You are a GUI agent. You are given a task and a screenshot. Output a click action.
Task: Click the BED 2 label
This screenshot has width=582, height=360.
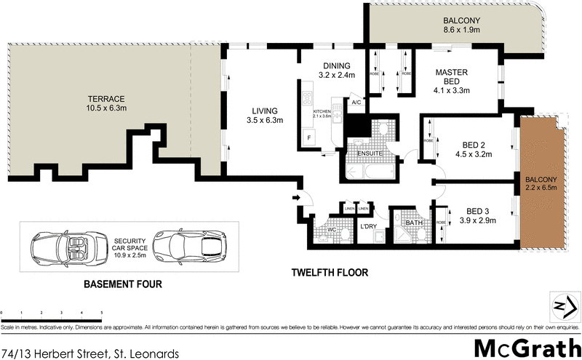pos(474,143)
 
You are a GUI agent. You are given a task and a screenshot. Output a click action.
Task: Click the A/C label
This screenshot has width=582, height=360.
pos(356,103)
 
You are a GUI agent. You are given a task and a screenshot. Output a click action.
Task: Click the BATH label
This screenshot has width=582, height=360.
pos(413,223)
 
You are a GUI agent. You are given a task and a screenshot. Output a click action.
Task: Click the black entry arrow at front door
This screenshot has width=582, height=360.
pos(295,196)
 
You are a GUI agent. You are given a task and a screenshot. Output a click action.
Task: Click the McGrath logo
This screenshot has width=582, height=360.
pos(526,348)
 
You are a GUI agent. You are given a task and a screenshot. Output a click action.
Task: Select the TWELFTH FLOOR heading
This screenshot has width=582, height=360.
pos(330,273)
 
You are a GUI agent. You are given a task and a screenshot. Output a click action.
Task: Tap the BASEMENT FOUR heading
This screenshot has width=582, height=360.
pos(122,284)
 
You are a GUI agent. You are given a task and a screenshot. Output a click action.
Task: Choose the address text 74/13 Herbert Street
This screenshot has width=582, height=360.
pos(90,353)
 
